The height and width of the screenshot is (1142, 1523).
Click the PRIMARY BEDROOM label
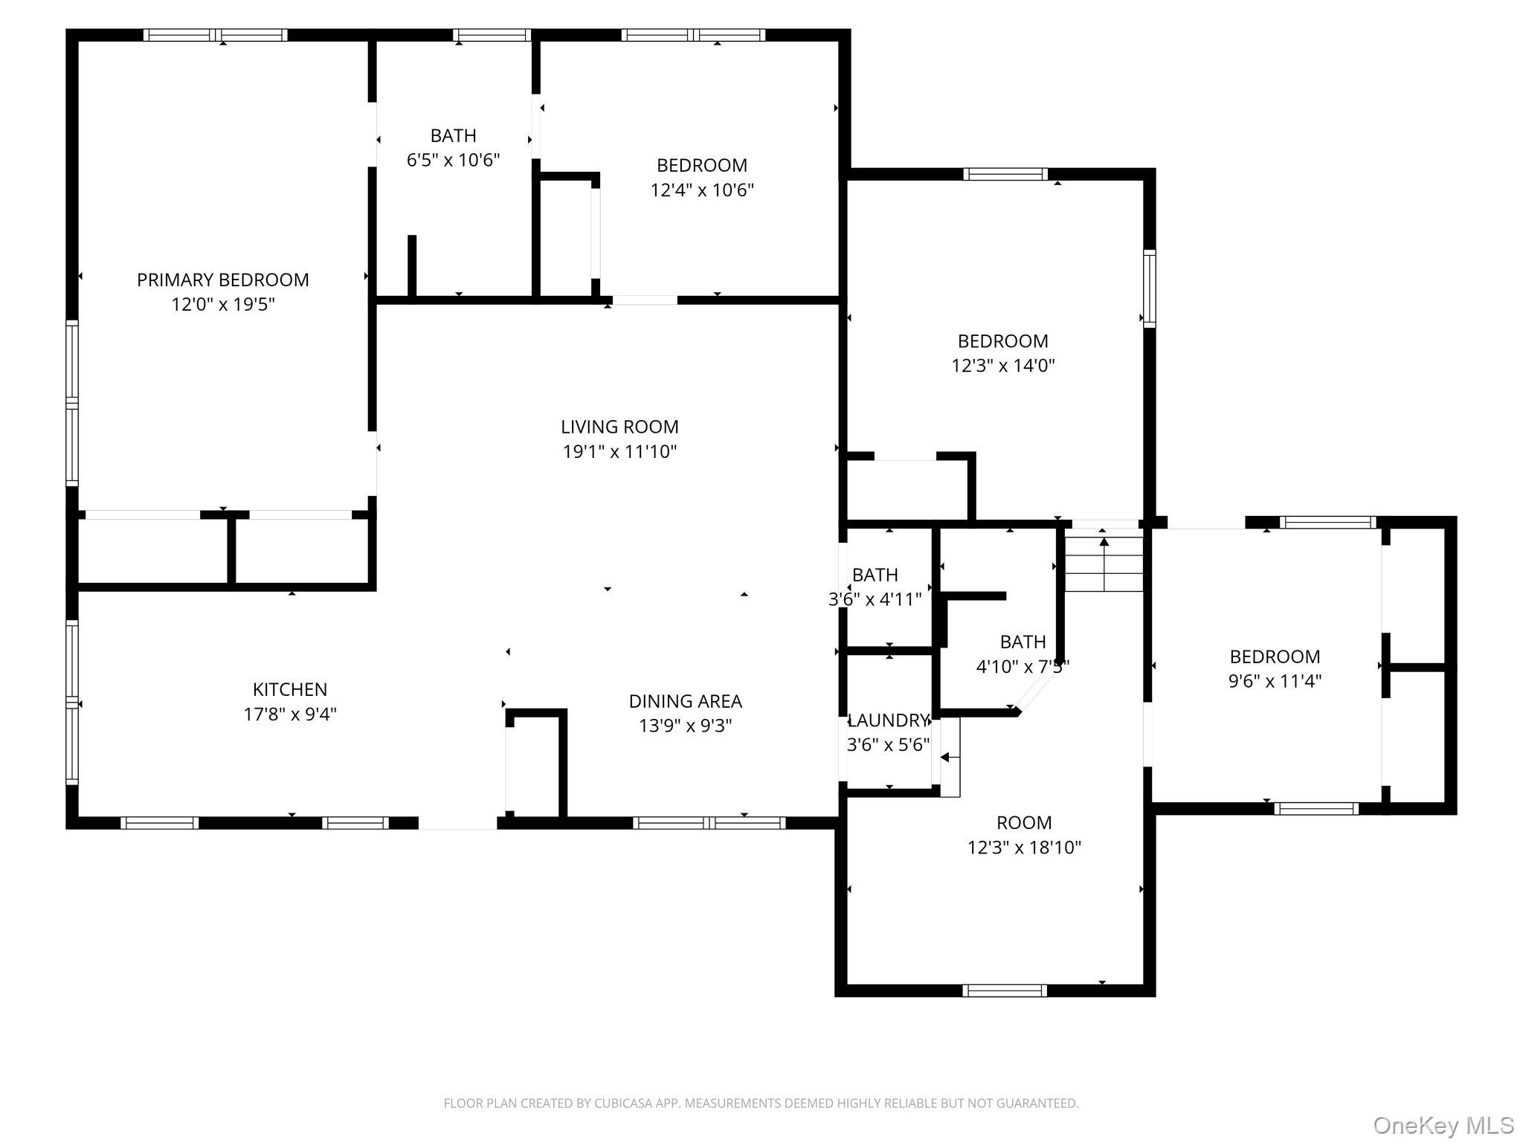tap(222, 280)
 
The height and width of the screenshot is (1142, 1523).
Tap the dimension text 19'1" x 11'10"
tap(619, 451)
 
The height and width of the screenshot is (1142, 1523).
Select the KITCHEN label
tap(289, 689)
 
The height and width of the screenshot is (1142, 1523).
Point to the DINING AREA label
tap(685, 701)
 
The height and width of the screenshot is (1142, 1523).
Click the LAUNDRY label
tap(888, 720)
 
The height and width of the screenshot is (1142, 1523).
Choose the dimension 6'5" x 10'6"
tap(453, 160)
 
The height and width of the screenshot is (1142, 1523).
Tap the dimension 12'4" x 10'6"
tap(702, 190)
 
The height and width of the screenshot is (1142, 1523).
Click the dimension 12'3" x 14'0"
tap(1002, 365)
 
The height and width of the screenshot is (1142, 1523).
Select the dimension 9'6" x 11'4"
tap(1275, 680)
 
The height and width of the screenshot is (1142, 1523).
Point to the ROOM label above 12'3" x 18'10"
tap(1024, 822)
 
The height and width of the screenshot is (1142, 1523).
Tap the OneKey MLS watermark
tap(1443, 1125)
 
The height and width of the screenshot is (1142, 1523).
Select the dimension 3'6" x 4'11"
tap(875, 599)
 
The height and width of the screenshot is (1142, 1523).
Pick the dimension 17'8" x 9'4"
tap(289, 714)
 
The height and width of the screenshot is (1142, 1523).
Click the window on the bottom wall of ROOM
tap(1005, 990)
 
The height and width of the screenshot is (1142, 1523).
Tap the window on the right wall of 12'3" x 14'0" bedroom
tap(1149, 289)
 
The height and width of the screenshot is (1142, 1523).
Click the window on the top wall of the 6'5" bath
tap(492, 35)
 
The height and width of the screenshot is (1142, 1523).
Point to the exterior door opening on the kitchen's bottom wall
tap(457, 822)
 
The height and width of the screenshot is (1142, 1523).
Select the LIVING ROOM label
tap(619, 427)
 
